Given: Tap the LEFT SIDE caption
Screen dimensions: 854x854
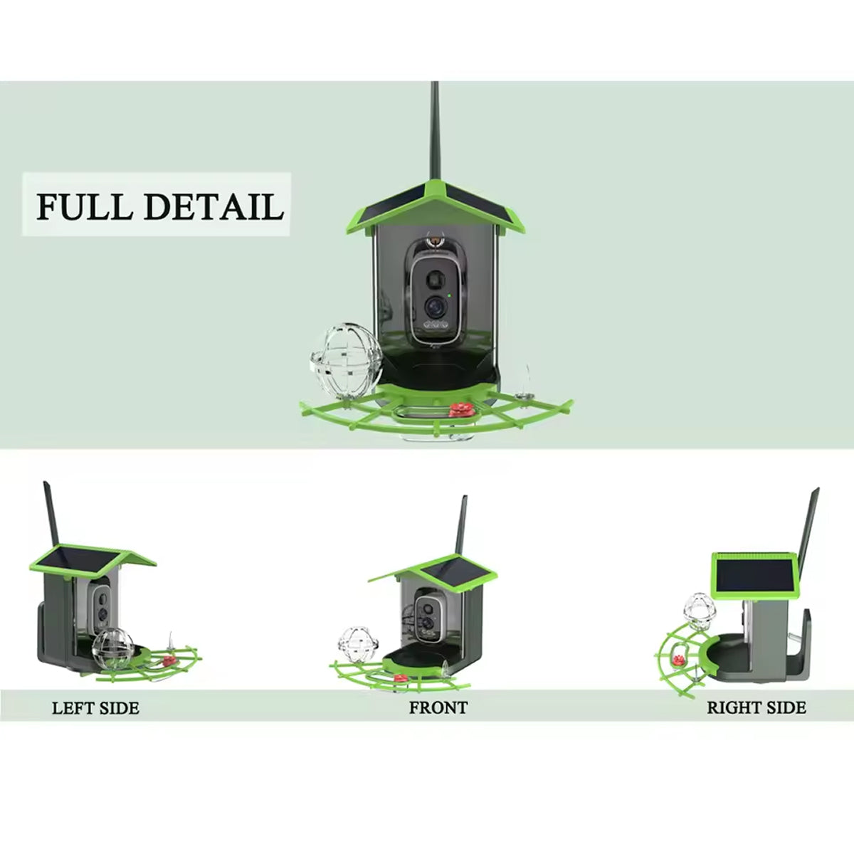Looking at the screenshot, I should click(x=95, y=708).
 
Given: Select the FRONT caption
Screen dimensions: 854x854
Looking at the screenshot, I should click(x=438, y=707).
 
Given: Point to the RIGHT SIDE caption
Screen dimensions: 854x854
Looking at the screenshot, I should click(x=757, y=707).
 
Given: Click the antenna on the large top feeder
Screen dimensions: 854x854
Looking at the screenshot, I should click(x=434, y=135).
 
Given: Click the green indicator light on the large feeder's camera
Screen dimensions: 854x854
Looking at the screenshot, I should click(x=450, y=295).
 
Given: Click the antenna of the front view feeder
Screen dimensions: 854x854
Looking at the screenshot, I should click(x=461, y=527).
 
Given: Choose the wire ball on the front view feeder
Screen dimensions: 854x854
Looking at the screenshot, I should click(x=353, y=643).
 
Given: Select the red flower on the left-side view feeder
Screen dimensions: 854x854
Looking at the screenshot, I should click(x=168, y=660).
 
